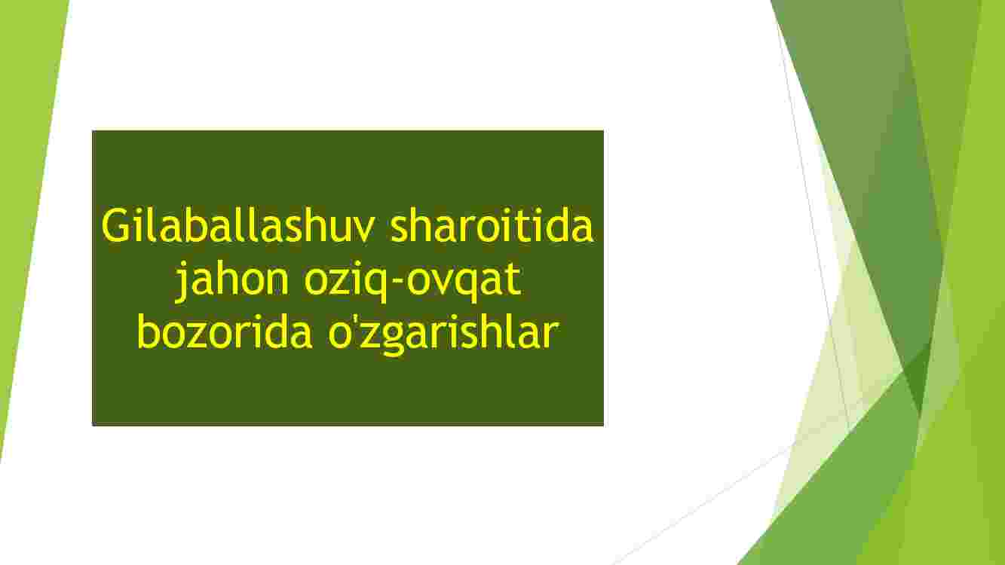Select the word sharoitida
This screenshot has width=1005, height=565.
pos(492,225)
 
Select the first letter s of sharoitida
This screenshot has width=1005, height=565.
pos(400,231)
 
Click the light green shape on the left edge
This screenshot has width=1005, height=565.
pos(27,179)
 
